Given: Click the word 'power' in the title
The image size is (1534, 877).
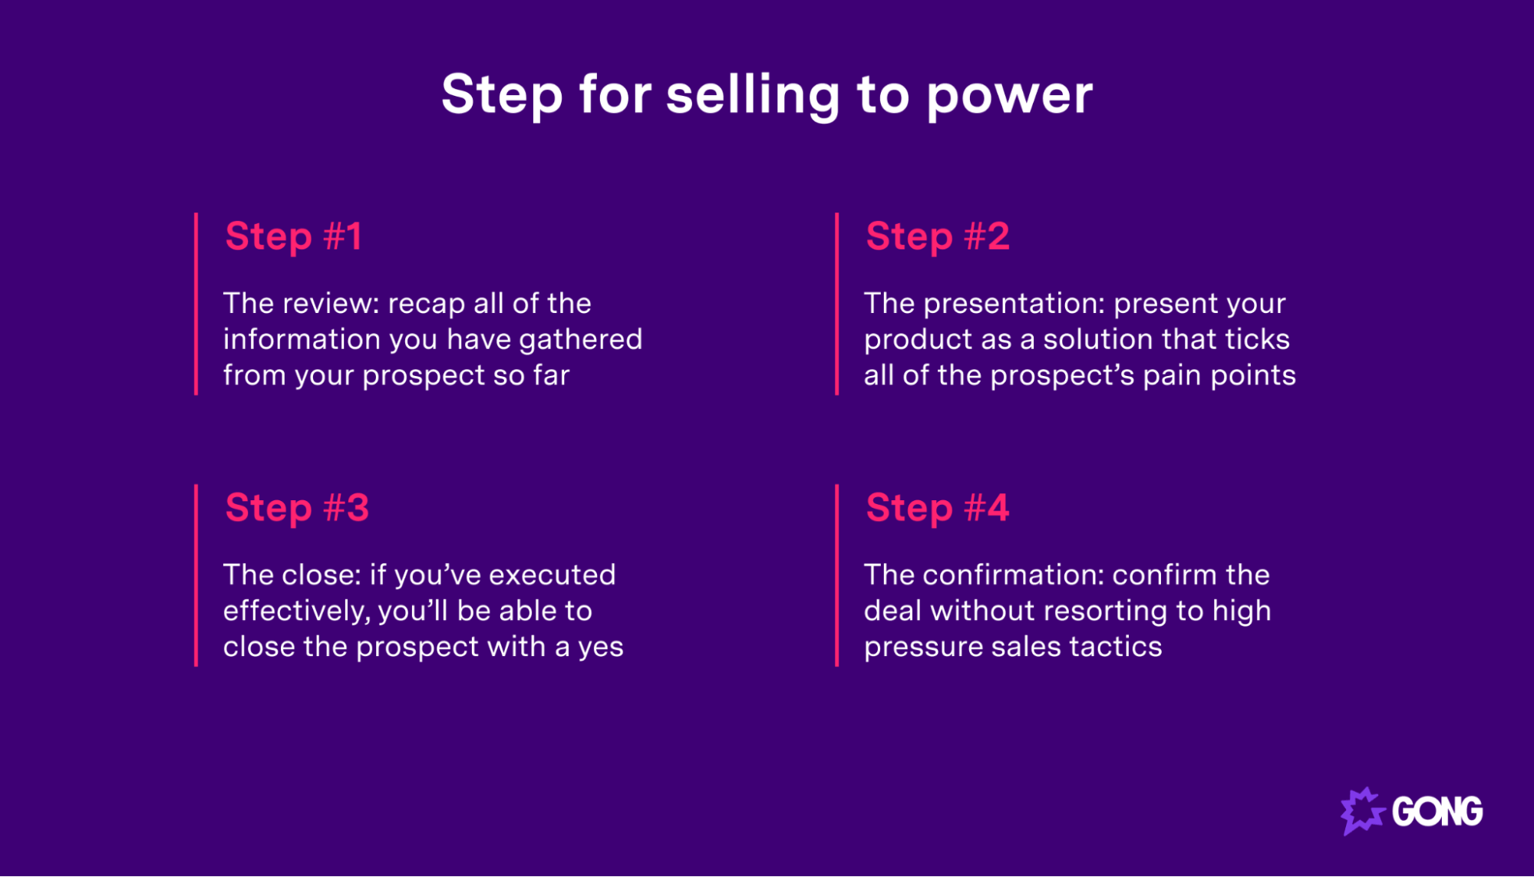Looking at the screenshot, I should (x=1009, y=95).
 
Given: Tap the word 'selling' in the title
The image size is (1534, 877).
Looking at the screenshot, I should (x=753, y=95).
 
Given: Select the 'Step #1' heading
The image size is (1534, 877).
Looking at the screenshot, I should (x=293, y=236).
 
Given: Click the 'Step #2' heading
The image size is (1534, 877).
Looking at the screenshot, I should (x=937, y=236).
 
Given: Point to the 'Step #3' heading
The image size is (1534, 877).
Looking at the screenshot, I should (x=297, y=507).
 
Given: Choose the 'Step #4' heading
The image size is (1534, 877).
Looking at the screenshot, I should (x=937, y=507).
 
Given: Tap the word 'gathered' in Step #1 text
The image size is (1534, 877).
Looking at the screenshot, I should (x=581, y=339).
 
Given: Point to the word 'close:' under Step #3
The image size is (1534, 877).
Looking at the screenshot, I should (x=321, y=575).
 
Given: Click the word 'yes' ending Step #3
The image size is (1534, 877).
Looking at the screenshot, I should (x=600, y=647).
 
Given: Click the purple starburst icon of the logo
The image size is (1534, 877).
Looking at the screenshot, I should (x=1361, y=810).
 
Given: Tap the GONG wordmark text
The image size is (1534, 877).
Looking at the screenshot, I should (x=1437, y=812).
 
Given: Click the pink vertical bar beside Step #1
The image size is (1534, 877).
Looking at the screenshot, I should (x=196, y=304).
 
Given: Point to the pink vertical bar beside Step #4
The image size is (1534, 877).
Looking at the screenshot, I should (x=836, y=575).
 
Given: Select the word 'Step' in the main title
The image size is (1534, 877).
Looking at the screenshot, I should (x=502, y=95).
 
